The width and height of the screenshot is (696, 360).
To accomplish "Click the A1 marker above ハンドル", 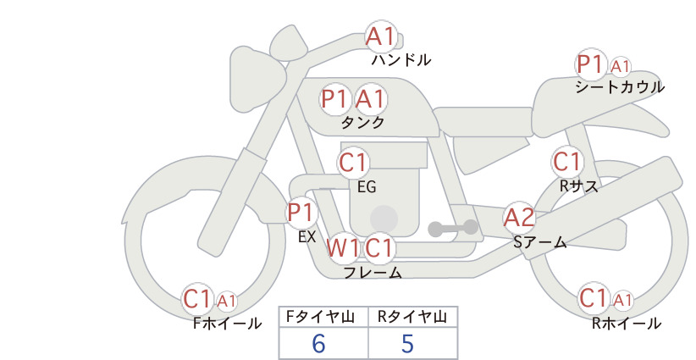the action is point(381,36).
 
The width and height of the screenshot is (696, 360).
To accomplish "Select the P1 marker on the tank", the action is point(334,98).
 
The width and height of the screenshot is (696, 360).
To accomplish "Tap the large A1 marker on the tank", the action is point(370,98).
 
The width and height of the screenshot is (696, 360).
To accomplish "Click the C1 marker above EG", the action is point(353,163).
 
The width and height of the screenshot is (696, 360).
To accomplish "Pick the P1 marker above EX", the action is point(301,212).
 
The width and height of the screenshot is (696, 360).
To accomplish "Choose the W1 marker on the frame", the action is point(343,247).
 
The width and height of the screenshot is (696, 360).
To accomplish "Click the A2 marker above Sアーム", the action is point(519,218).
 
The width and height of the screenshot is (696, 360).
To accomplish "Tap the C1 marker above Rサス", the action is point(566,162).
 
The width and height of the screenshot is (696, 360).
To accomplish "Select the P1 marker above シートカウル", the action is point(591,65).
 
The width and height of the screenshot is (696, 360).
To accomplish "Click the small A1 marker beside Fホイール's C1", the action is point(226,302).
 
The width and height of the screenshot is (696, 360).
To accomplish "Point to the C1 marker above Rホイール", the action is point(594,298).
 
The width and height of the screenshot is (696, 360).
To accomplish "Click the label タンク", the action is point(362,122).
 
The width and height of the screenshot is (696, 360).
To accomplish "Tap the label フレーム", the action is point(373,272).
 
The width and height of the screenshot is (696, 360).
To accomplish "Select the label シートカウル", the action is point(620,87).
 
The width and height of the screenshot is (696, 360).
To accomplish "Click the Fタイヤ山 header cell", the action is point(323,317).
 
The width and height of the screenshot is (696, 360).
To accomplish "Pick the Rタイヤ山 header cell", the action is point(413,317).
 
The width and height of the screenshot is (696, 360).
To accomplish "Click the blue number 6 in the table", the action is point(318,343).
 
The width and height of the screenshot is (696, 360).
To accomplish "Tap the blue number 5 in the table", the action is point(407,343).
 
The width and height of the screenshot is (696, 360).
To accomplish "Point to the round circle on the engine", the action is point(384,219).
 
